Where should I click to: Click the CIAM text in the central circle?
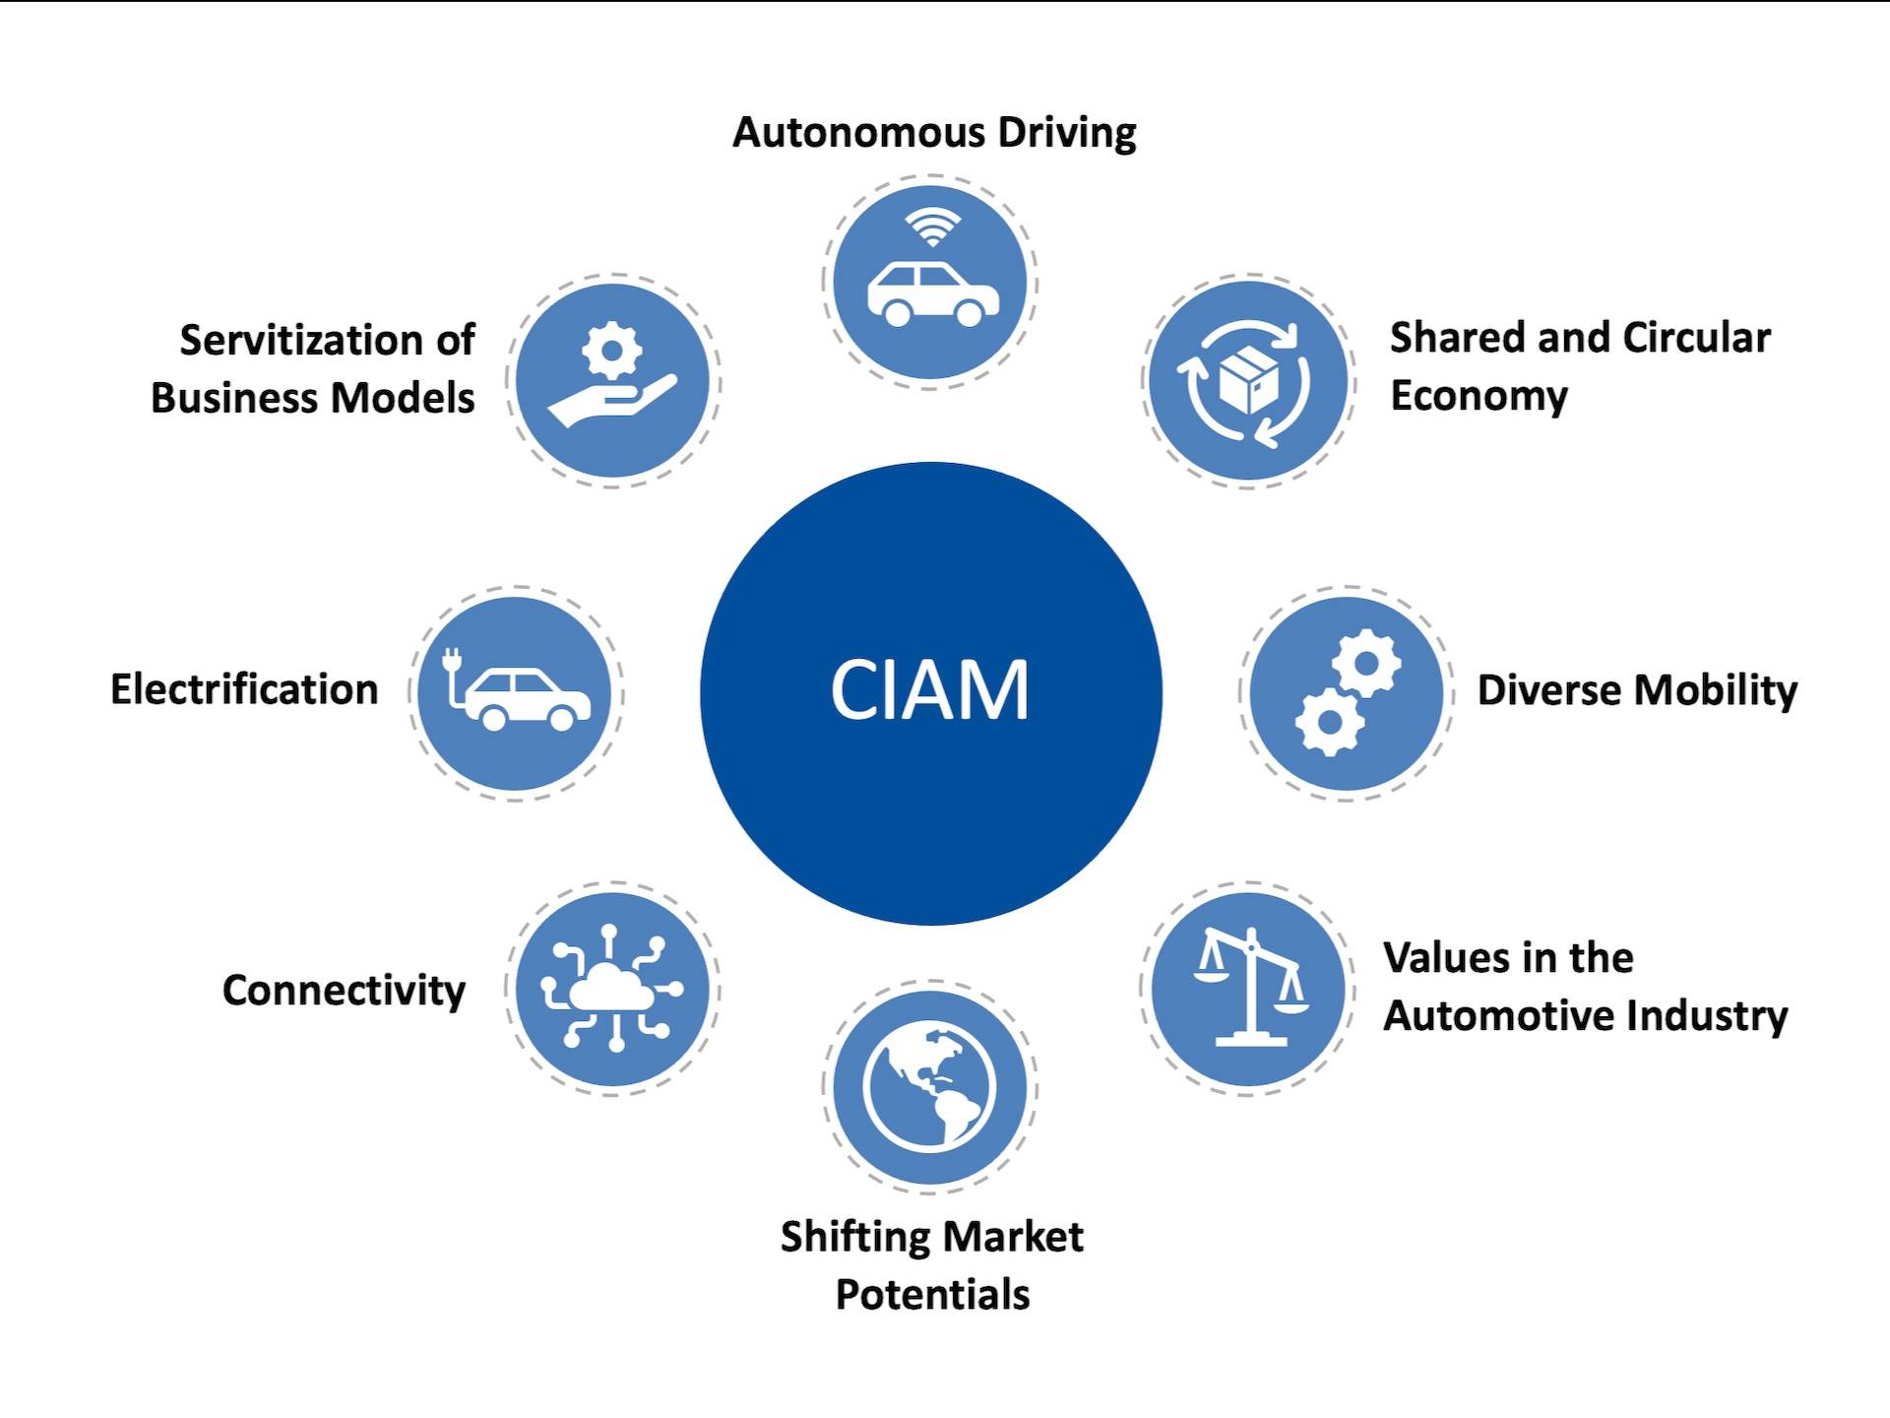tap(929, 690)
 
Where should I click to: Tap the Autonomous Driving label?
tap(934, 133)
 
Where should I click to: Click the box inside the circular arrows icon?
tap(1248, 380)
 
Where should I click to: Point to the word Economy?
tap(1479, 396)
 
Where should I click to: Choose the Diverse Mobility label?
tap(1636, 690)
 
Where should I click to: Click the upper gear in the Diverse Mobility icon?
tap(1366, 663)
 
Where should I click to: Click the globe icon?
tap(929, 1087)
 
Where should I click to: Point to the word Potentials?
tap(932, 1294)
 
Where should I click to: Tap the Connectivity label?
tap(344, 990)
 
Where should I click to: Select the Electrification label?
tap(244, 689)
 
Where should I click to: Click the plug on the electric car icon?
tap(453, 661)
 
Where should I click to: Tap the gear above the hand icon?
tap(611, 349)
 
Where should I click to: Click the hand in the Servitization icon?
tap(610, 404)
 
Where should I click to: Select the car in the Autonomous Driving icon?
tap(931, 293)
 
